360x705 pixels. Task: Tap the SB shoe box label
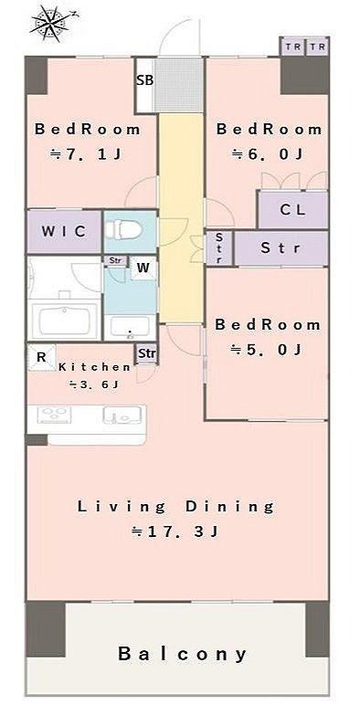tap(145, 80)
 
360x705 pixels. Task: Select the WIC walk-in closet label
tap(63, 231)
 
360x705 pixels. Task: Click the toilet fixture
tap(123, 230)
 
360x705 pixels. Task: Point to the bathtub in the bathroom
tap(65, 320)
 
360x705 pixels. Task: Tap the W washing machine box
tap(143, 268)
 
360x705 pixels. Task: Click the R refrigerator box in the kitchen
tap(41, 357)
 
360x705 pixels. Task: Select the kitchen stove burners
tap(54, 415)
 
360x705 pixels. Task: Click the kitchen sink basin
tap(119, 415)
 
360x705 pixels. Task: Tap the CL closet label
tap(292, 209)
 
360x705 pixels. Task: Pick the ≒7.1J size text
tap(85, 154)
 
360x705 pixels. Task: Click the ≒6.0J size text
tap(267, 154)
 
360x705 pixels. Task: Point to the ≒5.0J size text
tap(266, 350)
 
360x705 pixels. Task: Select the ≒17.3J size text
tap(175, 531)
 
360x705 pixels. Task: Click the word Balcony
tap(183, 654)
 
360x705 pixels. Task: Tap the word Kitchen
tap(94, 367)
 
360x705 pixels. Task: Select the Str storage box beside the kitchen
tap(147, 353)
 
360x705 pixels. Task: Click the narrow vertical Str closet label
tap(219, 247)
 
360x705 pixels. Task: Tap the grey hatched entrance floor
tap(179, 86)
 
